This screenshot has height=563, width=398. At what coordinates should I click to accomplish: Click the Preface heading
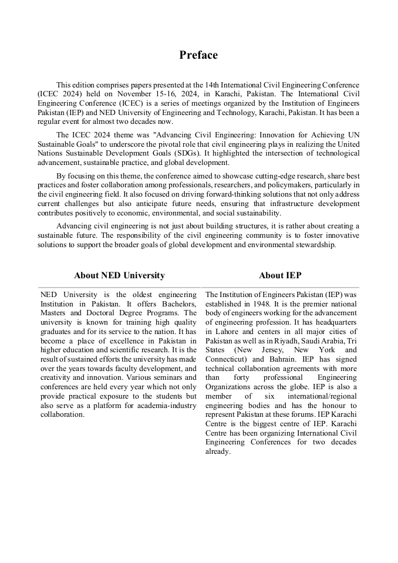tap(198, 55)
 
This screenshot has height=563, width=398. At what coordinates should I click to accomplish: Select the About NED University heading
tap(119, 275)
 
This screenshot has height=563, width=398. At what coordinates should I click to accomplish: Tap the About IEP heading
tap(280, 275)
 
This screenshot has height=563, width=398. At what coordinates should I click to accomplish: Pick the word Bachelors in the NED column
tap(174, 304)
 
